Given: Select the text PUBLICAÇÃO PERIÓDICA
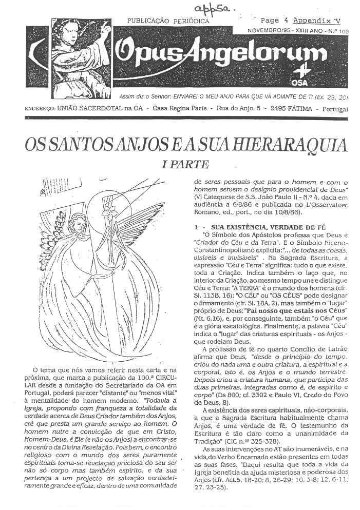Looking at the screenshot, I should [x=168, y=22].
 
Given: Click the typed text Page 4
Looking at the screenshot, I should [x=274, y=21].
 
